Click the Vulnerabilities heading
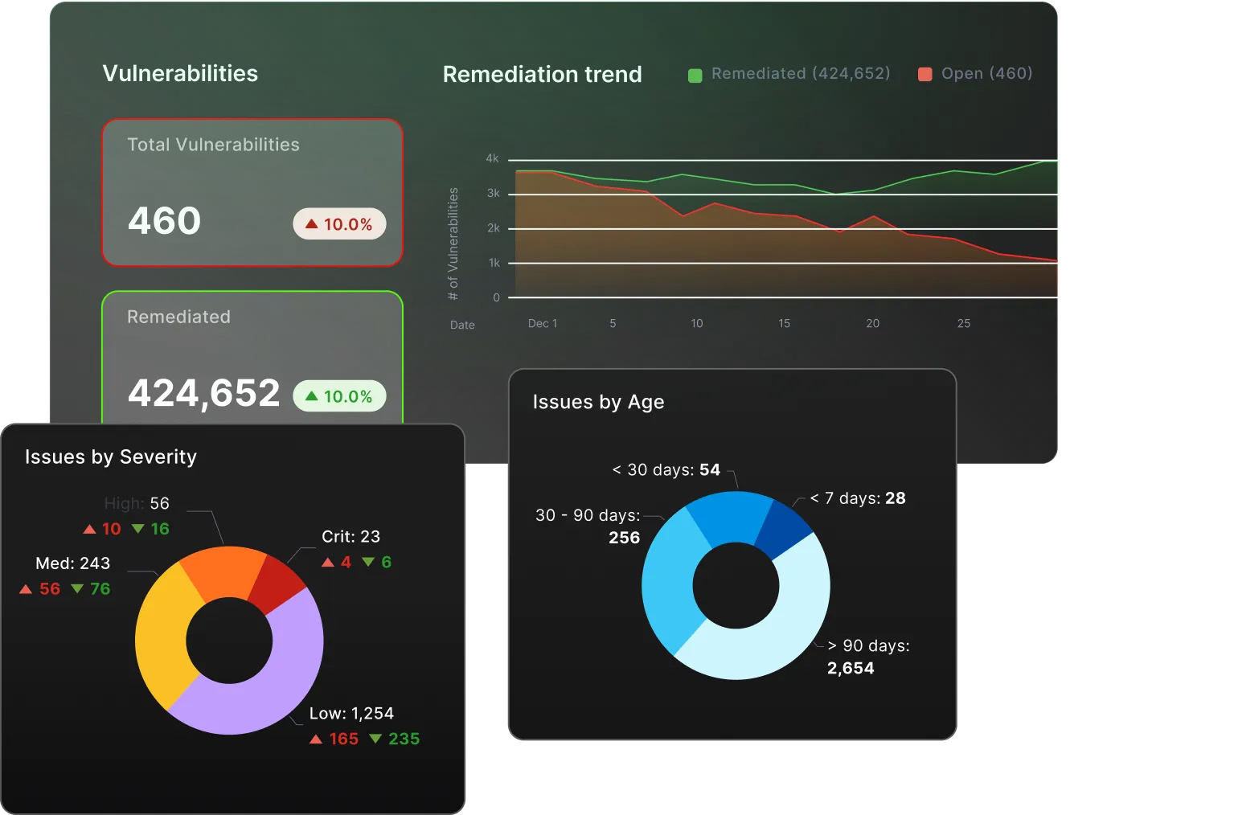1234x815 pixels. pyautogui.click(x=180, y=74)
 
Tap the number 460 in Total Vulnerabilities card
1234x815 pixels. pyautogui.click(x=164, y=221)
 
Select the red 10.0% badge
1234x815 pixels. pyautogui.click(x=339, y=224)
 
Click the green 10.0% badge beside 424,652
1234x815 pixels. pyautogui.click(x=339, y=396)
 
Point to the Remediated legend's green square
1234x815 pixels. pyautogui.click(x=695, y=75)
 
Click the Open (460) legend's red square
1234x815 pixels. pyautogui.click(x=925, y=75)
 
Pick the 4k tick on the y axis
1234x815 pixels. pyautogui.click(x=492, y=159)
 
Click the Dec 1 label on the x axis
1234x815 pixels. pyautogui.click(x=542, y=323)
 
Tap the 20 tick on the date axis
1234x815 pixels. pyautogui.click(x=872, y=323)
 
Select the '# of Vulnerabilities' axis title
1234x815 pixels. pyautogui.click(x=453, y=244)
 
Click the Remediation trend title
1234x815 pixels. pyautogui.click(x=542, y=75)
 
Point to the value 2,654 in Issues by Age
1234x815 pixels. pyautogui.click(x=851, y=669)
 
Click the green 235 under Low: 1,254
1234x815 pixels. pyautogui.click(x=404, y=739)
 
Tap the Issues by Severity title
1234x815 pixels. pyautogui.click(x=111, y=457)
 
